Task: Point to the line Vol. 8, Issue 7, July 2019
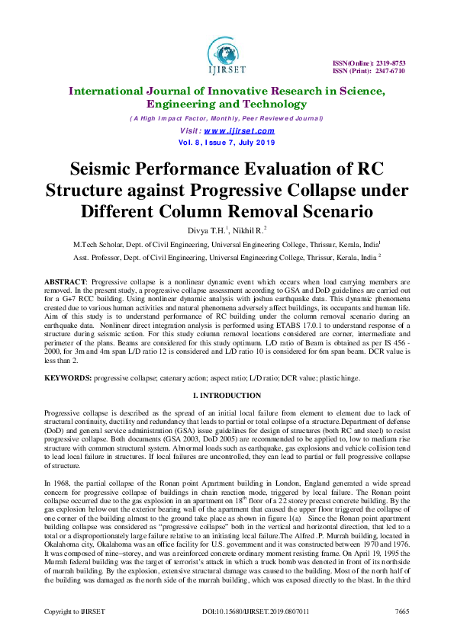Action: (226, 143)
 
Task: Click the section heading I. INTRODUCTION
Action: (227, 395)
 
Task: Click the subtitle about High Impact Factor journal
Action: (226, 119)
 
